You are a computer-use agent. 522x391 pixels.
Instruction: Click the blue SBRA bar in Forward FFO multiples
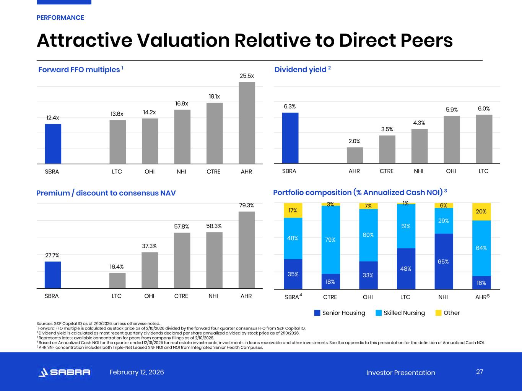[x=53, y=144]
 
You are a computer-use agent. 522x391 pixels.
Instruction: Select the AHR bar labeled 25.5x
[x=247, y=123]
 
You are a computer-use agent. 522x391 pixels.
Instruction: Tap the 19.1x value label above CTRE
[x=214, y=97]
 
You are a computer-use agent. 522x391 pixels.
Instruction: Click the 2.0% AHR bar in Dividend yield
[x=355, y=155]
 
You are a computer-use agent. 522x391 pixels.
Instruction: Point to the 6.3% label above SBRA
[x=289, y=107]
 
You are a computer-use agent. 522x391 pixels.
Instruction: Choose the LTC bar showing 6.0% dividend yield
[x=484, y=139]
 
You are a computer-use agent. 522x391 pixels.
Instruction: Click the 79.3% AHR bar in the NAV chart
[x=247, y=250]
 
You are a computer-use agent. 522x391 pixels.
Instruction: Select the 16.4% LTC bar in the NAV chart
[x=117, y=281]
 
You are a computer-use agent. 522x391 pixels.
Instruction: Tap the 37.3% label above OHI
[x=149, y=246]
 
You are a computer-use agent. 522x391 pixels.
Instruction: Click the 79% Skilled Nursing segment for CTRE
[x=330, y=240]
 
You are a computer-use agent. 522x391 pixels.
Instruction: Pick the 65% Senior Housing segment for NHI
[x=444, y=262]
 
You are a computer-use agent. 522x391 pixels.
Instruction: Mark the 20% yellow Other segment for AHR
[x=481, y=212]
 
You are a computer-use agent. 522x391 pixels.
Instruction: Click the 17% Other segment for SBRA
[x=293, y=210]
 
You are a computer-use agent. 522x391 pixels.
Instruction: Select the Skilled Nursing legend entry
[x=400, y=313]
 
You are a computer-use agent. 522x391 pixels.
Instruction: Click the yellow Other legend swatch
[x=439, y=313]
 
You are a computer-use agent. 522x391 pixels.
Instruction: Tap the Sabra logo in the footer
[x=65, y=372]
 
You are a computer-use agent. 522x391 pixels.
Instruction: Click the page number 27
[x=480, y=372]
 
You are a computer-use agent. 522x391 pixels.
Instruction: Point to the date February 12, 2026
[x=137, y=372]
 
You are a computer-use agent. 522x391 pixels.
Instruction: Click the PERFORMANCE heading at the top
[x=60, y=18]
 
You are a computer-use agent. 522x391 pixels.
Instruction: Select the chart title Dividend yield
[x=300, y=69]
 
